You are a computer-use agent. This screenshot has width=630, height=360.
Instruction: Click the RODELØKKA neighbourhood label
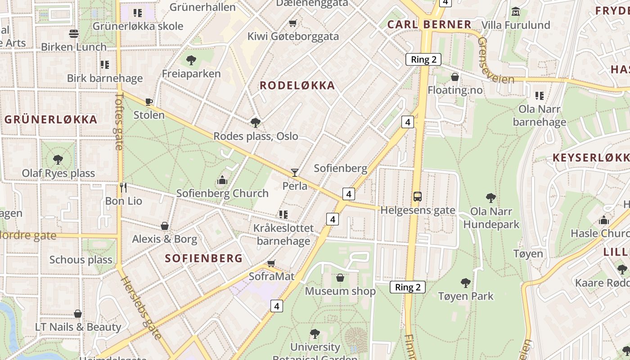297,85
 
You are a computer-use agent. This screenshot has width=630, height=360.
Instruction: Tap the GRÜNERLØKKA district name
51,120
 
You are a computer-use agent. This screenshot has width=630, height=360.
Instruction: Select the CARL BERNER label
429,24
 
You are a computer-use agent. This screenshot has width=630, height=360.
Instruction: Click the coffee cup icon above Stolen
149,102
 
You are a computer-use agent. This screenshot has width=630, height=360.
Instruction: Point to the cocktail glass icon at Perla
295,172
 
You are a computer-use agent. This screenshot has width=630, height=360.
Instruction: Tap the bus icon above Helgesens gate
418,197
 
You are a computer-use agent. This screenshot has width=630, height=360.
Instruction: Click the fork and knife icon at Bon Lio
123,187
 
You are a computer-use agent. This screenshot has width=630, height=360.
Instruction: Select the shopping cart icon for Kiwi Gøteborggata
293,23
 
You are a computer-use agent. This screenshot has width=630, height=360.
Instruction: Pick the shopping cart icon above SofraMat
271,263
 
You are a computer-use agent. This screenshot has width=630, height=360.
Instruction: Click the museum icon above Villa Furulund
516,12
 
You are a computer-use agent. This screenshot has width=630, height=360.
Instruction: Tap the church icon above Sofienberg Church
222,180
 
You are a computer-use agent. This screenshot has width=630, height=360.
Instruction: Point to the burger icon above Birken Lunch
74,33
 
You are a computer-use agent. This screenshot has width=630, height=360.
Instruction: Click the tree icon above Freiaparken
191,60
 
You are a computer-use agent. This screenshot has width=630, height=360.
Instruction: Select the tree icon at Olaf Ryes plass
58,159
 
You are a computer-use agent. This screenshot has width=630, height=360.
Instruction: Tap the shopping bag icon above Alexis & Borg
165,225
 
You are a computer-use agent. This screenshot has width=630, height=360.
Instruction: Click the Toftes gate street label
119,121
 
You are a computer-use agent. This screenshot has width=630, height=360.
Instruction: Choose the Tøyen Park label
466,296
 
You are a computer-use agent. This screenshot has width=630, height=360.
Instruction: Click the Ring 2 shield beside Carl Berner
423,59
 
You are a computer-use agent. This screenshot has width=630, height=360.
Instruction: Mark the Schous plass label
81,260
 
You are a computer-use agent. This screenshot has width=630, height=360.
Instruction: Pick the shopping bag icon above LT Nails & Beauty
78,314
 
